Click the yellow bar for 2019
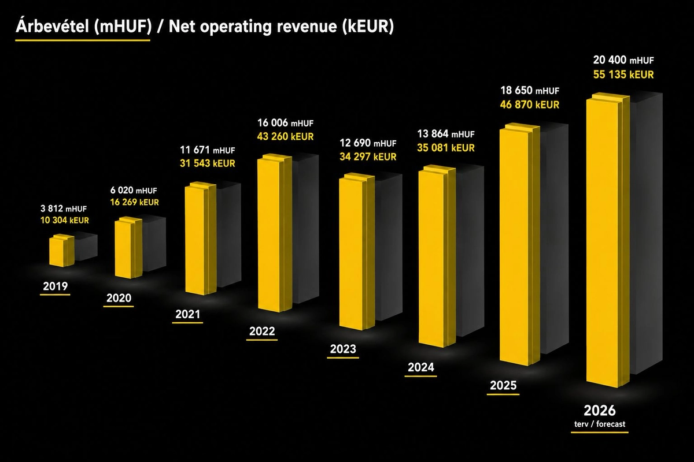62,251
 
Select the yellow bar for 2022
275,233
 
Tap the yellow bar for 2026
608,240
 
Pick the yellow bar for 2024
437,256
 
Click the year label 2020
119,298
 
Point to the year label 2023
343,349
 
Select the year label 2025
503,386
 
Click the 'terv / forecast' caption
600,424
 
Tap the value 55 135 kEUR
623,74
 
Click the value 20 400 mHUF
623,60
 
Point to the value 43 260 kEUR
285,136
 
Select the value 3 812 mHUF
64,208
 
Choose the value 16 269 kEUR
134,202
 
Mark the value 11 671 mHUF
208,150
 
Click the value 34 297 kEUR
368,157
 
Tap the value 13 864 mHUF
446,134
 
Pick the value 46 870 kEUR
530,105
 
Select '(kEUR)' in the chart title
368,27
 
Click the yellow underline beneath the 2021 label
187,323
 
